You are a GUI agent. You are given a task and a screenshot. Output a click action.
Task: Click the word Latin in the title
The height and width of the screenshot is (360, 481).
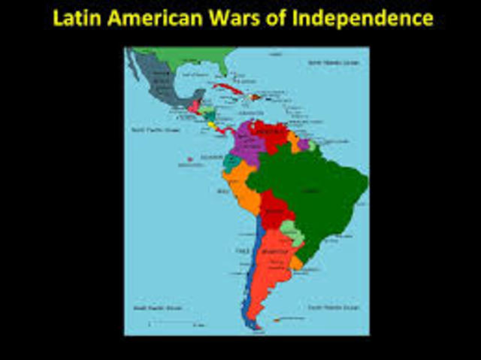pos(78,18)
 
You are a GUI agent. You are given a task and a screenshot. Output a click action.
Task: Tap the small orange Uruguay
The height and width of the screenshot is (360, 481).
pos(298,262)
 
